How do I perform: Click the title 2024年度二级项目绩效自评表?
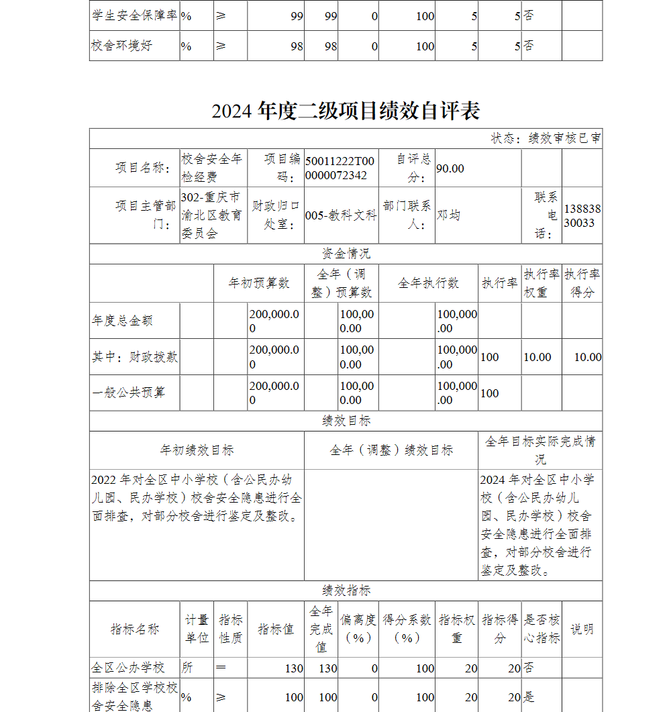346,111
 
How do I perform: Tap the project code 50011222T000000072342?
340,168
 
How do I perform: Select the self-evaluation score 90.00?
450,168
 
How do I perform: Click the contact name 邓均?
449,215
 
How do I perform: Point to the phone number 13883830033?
582,215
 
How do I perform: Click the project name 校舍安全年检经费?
212,168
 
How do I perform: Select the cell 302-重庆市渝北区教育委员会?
212,215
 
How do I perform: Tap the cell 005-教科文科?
341,215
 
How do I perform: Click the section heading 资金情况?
346,254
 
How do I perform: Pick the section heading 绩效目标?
346,421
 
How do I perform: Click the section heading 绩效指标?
346,591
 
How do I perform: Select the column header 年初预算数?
259,283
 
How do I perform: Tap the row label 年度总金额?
122,321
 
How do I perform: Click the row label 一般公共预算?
128,393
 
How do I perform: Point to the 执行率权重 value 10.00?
537,357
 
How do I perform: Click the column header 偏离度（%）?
358,629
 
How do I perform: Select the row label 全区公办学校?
128,668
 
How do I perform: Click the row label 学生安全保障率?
134,15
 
